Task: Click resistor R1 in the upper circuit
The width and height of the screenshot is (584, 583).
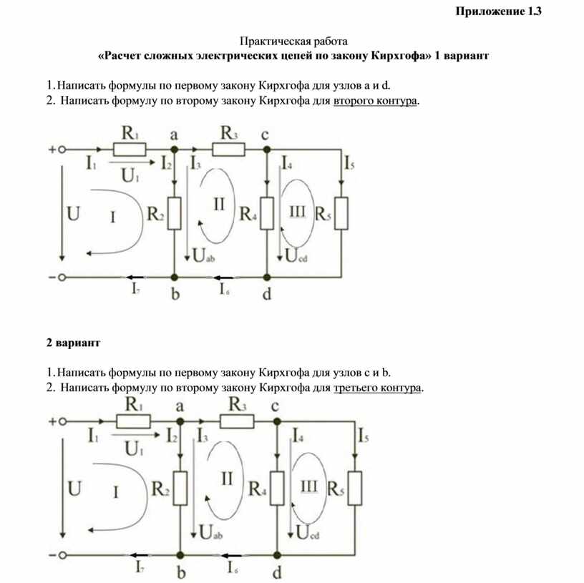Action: click(x=130, y=149)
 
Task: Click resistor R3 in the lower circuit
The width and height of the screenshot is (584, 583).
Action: click(x=236, y=422)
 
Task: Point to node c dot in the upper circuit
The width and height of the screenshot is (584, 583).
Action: click(x=266, y=149)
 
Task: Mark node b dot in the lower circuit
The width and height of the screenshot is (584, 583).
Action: click(x=180, y=554)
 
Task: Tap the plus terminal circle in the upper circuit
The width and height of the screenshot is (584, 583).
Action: click(x=62, y=150)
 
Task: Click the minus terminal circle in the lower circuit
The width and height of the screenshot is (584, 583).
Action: click(x=62, y=554)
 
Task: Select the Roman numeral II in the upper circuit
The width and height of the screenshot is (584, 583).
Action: click(x=219, y=205)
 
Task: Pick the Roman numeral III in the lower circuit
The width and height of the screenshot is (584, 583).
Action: click(x=308, y=486)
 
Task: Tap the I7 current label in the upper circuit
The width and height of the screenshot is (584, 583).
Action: click(x=135, y=288)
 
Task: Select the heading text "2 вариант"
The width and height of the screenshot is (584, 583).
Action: click(x=74, y=343)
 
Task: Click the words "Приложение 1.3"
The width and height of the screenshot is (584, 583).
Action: click(x=499, y=11)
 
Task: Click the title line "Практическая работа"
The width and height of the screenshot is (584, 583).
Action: click(x=293, y=41)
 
